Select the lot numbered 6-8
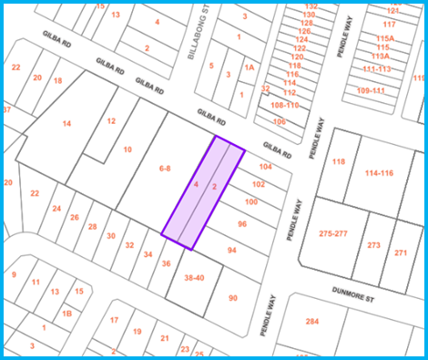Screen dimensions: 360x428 [x=164, y=169]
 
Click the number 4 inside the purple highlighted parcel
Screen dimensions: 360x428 [x=196, y=184]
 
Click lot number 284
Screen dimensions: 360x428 [x=312, y=321]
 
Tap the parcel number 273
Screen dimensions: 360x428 [x=373, y=245]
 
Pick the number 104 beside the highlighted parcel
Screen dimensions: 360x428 [x=266, y=168]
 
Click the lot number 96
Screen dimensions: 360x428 [x=241, y=223]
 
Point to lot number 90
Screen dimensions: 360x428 [x=232, y=298]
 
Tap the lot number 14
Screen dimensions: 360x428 [x=66, y=123]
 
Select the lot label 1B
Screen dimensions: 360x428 [x=66, y=313]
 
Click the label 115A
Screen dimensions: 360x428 [x=385, y=38]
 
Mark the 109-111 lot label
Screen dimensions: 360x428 [x=371, y=90]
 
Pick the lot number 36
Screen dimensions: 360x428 [x=167, y=263]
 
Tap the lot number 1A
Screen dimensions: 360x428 [x=249, y=67]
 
